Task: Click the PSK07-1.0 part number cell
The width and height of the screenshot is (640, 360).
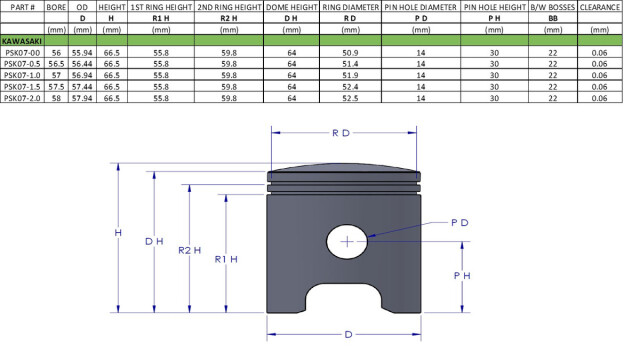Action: (x=22, y=76)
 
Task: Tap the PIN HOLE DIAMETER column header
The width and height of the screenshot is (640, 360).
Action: (x=420, y=7)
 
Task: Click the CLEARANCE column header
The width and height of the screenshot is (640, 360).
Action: (x=600, y=7)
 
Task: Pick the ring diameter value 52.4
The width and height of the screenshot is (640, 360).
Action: (x=350, y=87)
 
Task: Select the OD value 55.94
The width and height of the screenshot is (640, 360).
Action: (x=82, y=53)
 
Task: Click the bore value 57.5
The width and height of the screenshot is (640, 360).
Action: (x=56, y=87)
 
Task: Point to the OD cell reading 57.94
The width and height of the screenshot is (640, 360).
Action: (x=82, y=98)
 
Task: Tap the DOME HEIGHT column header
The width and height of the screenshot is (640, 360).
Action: (x=291, y=7)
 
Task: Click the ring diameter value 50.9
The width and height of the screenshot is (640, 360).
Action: (x=350, y=53)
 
